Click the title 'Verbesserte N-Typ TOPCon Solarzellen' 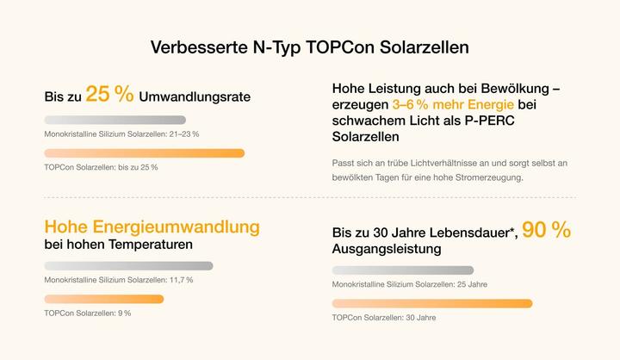coord(309,47)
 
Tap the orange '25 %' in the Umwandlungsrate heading coord(109,95)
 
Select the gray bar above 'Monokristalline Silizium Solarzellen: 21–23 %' coord(115,120)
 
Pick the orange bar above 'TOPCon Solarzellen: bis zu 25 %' coord(144,153)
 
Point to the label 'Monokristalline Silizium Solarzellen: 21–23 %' coord(121,134)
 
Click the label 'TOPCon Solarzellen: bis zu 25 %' coord(101,167)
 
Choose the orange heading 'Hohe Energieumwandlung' coord(152,227)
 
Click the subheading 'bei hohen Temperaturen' coord(118,246)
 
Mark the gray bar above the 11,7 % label coord(128,266)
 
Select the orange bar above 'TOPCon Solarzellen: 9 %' coord(103,299)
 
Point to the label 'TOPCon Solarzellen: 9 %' coord(87,313)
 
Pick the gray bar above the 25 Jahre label coord(402,270)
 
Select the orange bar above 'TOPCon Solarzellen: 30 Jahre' coord(431,303)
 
